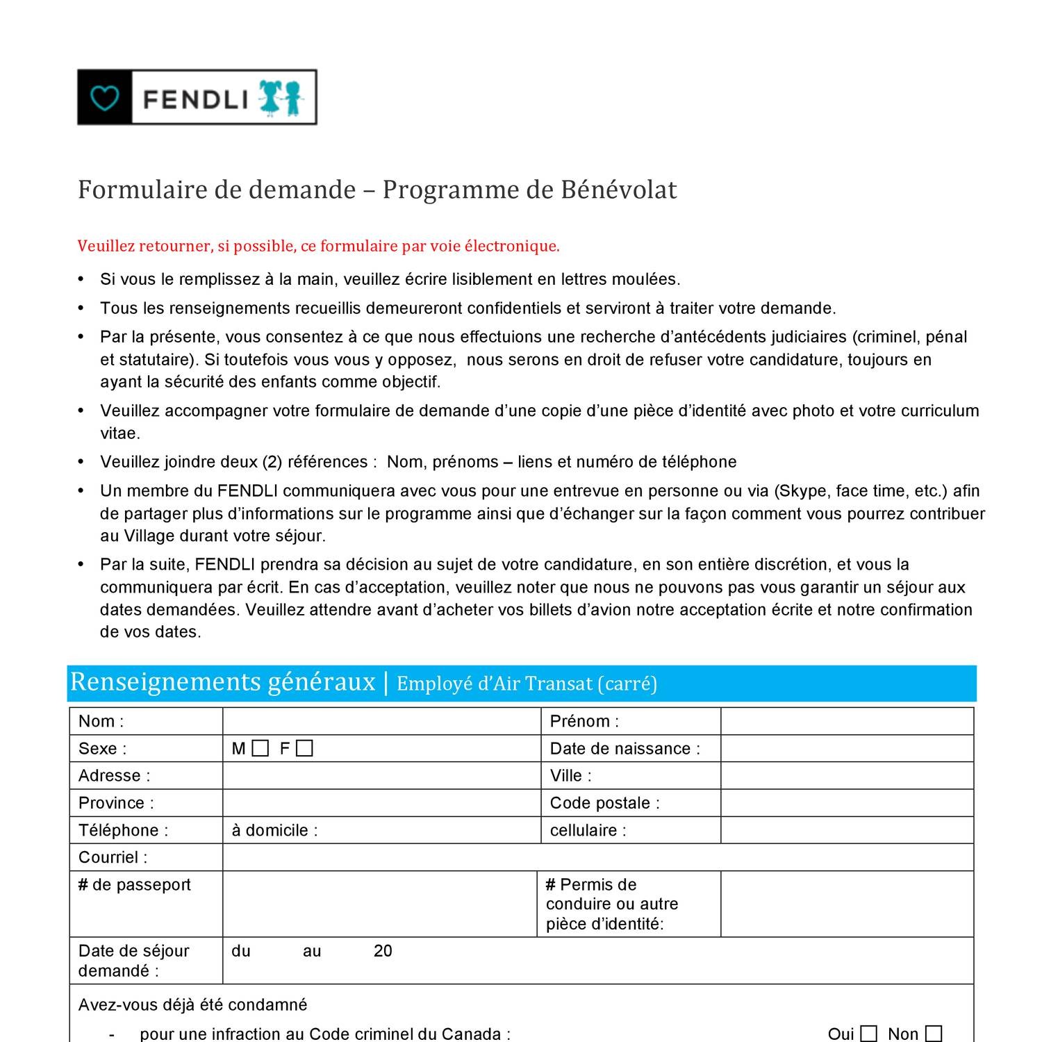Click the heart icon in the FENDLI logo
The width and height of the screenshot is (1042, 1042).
(x=105, y=98)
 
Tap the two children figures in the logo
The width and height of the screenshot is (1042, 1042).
(x=281, y=98)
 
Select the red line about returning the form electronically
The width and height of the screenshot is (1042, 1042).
(x=318, y=246)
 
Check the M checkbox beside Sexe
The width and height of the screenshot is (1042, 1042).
(x=260, y=748)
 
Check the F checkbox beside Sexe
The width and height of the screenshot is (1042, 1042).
(x=304, y=748)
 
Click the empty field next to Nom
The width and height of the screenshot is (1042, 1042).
(x=381, y=721)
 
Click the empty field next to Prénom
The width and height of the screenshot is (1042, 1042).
(x=847, y=721)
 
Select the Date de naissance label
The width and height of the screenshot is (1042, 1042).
(x=625, y=748)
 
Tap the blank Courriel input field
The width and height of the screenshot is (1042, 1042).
(x=597, y=857)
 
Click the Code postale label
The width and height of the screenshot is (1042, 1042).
(x=604, y=803)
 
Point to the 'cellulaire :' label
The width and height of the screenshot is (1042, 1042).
(x=588, y=830)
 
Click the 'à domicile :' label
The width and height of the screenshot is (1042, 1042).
(x=274, y=830)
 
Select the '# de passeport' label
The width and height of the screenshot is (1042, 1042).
(x=134, y=884)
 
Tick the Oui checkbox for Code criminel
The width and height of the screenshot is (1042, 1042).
(x=868, y=1034)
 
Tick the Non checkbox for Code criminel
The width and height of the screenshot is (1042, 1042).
(x=934, y=1034)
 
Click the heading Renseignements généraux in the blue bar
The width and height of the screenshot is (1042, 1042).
(x=222, y=682)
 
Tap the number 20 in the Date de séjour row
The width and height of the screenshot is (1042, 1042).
(x=383, y=951)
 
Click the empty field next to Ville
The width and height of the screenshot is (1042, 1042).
(x=847, y=775)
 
